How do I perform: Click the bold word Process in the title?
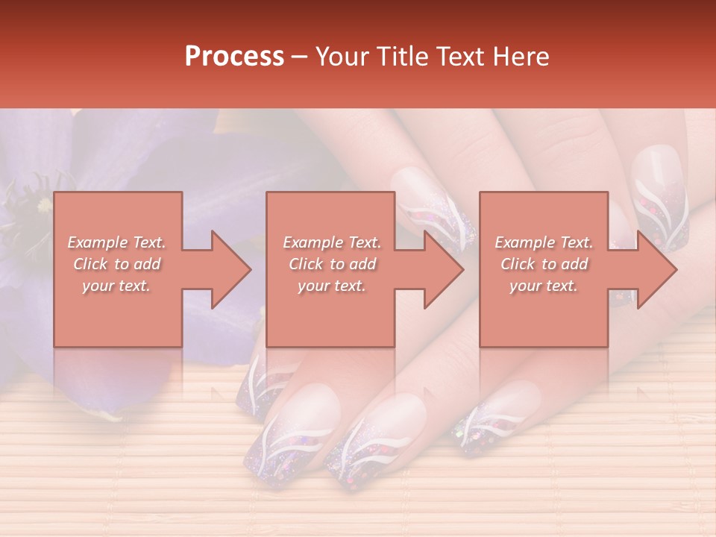point(234,57)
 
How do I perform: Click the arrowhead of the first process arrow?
point(231,269)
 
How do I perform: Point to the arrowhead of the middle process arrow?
point(444,269)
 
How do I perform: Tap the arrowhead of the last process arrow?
point(658,269)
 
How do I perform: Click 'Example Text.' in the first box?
point(117,242)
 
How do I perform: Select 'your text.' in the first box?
point(117,286)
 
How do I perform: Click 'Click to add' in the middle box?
point(332,264)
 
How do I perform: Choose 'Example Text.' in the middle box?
point(332,242)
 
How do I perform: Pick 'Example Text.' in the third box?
point(544,242)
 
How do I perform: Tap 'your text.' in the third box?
point(544,286)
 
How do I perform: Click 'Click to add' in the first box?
point(117,264)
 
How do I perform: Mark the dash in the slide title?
point(300,57)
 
